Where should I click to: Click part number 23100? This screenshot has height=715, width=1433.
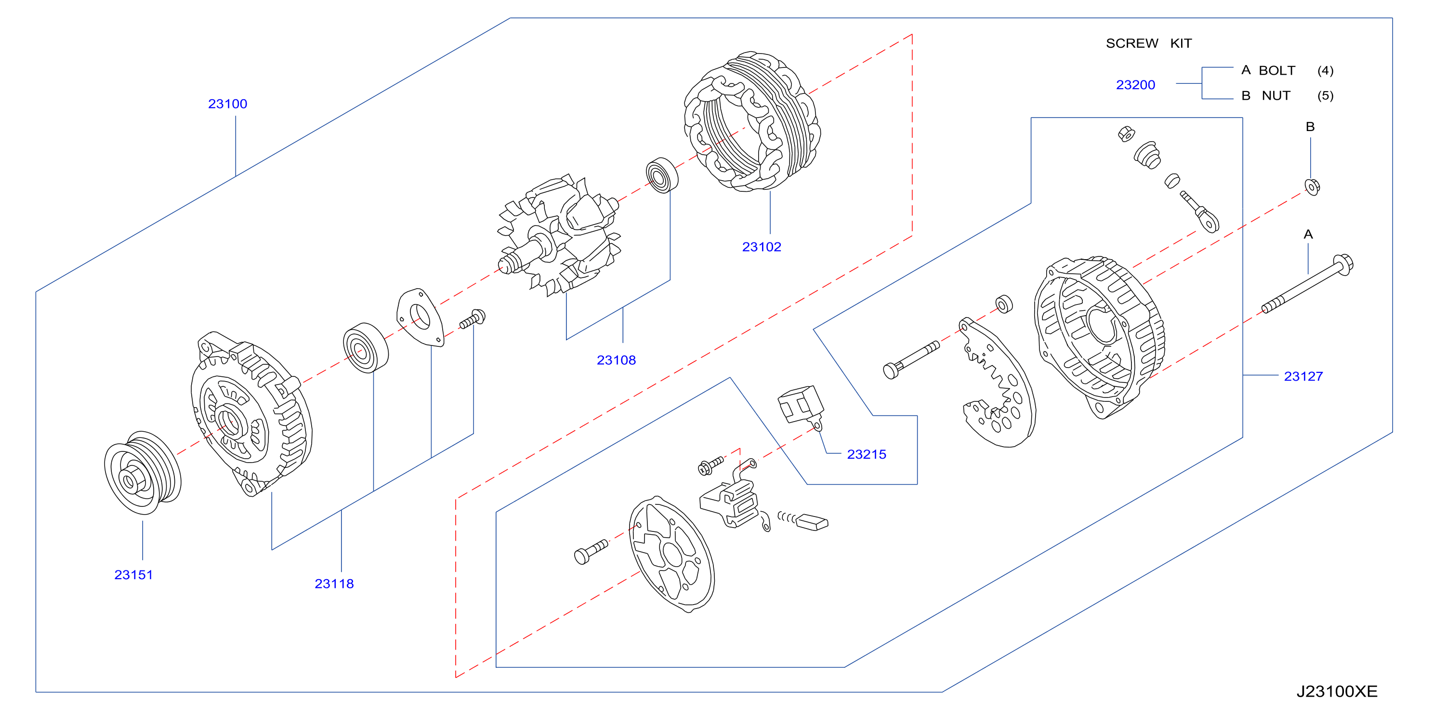tap(227, 104)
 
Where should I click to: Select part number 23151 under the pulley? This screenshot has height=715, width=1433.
tap(133, 575)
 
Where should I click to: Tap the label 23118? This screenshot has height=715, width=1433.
tap(334, 583)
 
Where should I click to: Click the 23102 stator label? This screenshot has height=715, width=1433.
tap(762, 247)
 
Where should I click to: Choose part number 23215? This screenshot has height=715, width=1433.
tap(866, 454)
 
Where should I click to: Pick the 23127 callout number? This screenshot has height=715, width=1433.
tap(1303, 376)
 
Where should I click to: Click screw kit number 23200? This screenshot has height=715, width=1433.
tap(1135, 85)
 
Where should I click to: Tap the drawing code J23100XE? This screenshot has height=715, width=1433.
tap(1337, 691)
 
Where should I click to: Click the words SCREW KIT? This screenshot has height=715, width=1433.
tap(1148, 43)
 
